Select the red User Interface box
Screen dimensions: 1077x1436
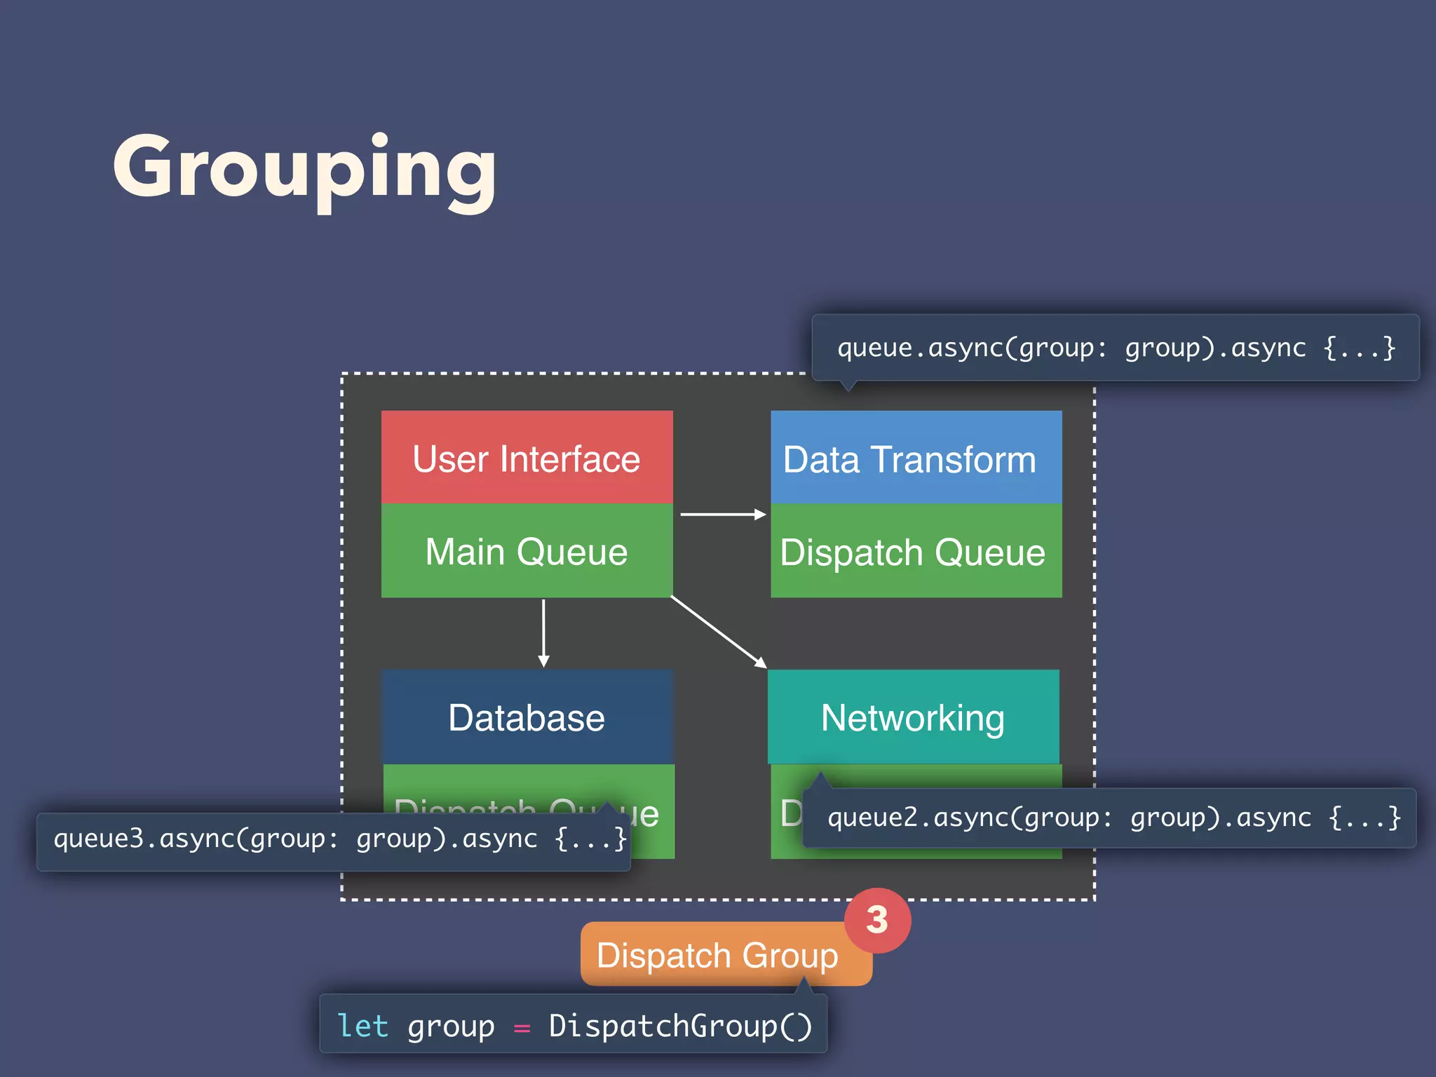[x=527, y=457]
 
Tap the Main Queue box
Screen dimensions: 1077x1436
[x=527, y=551]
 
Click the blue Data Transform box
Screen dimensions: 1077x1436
[x=916, y=457]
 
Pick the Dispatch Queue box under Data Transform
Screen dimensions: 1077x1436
[x=916, y=551]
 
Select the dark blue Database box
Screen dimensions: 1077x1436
[x=527, y=717]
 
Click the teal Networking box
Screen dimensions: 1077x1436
[x=913, y=717]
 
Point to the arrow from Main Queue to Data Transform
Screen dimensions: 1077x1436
[x=722, y=514]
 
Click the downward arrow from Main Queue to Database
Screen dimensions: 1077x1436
[x=543, y=631]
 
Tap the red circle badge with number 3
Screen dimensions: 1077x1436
[x=877, y=920]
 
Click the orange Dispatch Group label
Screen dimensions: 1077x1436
[x=717, y=955]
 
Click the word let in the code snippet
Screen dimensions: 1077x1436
[x=363, y=1026]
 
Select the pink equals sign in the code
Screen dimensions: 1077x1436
[x=522, y=1028]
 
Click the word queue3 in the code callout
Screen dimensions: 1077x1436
[x=98, y=839]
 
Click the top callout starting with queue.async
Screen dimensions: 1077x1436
[x=1115, y=348]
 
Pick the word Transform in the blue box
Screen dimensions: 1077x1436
[x=953, y=460]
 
